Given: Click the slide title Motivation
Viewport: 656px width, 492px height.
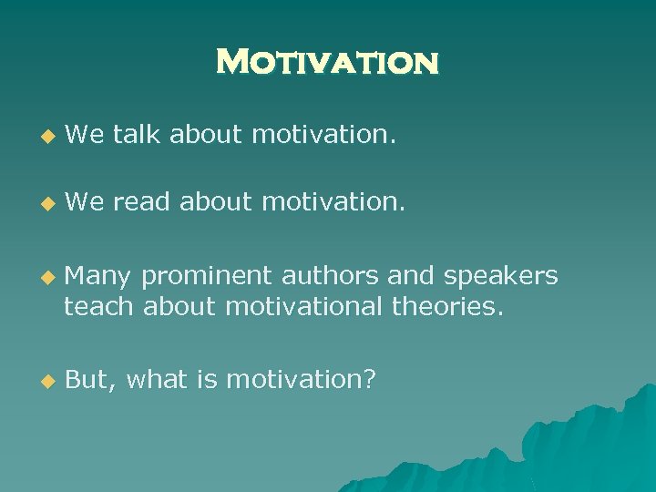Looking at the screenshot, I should tap(328, 63).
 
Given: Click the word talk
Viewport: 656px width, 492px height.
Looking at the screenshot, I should tap(138, 136).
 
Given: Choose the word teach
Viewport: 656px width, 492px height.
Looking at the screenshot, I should tap(100, 307).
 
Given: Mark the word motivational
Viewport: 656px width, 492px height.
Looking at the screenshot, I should tap(304, 307).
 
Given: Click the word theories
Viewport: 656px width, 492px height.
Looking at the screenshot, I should tap(446, 307).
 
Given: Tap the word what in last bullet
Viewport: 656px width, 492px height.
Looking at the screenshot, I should tap(159, 380).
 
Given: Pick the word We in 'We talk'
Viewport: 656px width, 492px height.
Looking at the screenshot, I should tap(86, 136).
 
